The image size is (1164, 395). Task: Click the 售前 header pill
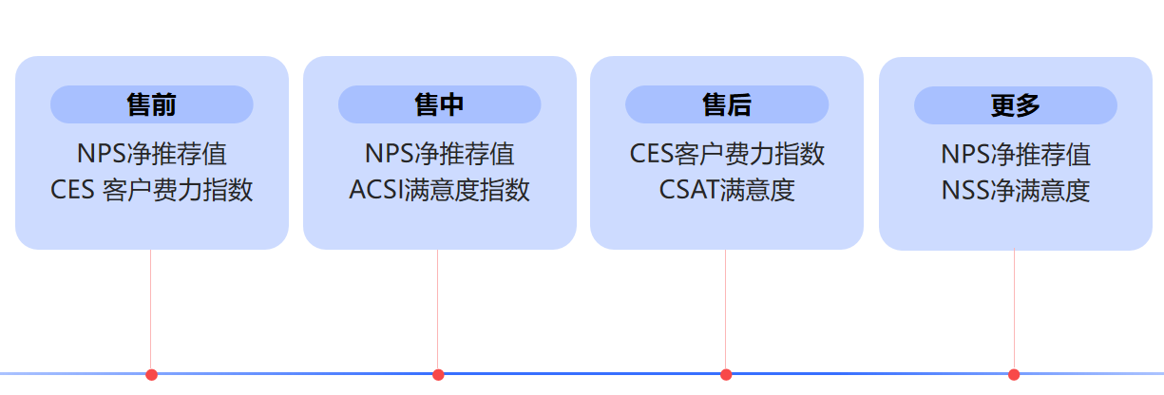[152, 104]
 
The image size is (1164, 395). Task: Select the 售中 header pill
[440, 104]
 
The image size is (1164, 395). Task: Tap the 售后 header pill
[727, 104]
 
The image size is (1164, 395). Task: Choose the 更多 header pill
[1015, 105]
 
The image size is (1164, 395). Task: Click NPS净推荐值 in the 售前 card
[152, 154]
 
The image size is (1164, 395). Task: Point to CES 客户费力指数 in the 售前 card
[152, 190]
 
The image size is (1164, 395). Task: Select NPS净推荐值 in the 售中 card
[440, 154]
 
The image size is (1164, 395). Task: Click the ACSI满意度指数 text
[440, 190]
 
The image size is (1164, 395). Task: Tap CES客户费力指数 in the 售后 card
[727, 154]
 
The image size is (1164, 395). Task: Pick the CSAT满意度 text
[727, 190]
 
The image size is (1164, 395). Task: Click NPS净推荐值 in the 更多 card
[1015, 155]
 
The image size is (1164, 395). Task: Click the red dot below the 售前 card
[151, 374]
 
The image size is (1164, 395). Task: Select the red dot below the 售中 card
[438, 374]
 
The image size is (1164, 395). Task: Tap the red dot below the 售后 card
[726, 374]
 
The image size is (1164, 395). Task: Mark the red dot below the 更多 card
[1014, 374]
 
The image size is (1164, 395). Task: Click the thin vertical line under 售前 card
[151, 309]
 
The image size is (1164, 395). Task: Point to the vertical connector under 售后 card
[726, 309]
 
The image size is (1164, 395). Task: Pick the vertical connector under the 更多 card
[1014, 309]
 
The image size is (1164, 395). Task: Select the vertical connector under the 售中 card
[438, 309]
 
